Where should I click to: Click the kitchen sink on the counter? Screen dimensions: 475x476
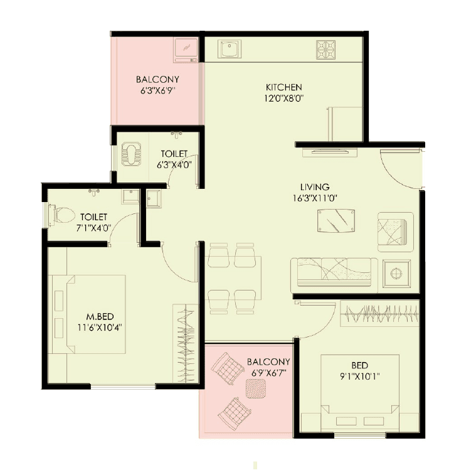(x=230, y=48)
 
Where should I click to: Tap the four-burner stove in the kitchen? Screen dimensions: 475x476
(x=326, y=49)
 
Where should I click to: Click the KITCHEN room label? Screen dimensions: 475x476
(x=284, y=87)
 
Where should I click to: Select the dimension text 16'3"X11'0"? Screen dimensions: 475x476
(x=314, y=198)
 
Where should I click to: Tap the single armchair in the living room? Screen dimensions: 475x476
(x=395, y=230)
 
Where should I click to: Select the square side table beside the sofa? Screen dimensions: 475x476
(x=396, y=274)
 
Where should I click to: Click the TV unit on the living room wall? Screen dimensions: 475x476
(x=330, y=152)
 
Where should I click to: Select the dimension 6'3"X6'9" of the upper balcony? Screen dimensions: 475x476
(x=157, y=90)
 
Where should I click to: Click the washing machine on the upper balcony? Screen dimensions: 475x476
(x=186, y=49)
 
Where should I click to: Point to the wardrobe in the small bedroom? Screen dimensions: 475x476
(x=379, y=313)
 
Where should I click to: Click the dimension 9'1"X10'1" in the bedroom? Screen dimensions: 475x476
(x=360, y=376)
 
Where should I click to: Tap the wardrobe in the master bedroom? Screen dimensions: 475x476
(x=186, y=343)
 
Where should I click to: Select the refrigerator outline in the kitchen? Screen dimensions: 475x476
(x=344, y=124)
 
